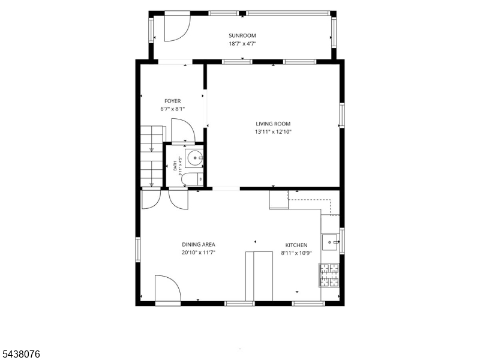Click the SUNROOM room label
pyautogui.click(x=242, y=35)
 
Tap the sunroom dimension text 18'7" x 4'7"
pyautogui.click(x=242, y=43)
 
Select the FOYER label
pyautogui.click(x=173, y=101)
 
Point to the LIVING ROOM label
pyautogui.click(x=273, y=124)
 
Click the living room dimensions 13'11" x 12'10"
pyautogui.click(x=273, y=132)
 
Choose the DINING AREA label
pyautogui.click(x=199, y=244)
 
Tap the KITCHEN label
pyautogui.click(x=296, y=245)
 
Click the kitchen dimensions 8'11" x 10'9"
pyautogui.click(x=296, y=253)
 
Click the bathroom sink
pyautogui.click(x=194, y=158)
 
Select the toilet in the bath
pyautogui.click(x=192, y=179)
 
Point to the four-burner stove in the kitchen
pyautogui.click(x=329, y=275)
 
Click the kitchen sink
pyautogui.click(x=330, y=242)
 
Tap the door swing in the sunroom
pyautogui.click(x=178, y=28)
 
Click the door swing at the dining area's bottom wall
pyautogui.click(x=168, y=289)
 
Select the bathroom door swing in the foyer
pyautogui.click(x=183, y=130)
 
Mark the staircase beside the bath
pyautogui.click(x=152, y=156)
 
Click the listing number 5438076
pyautogui.click(x=20, y=354)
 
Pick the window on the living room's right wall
pyautogui.click(x=341, y=115)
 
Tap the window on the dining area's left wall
pyautogui.click(x=138, y=249)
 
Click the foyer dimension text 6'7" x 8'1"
pyautogui.click(x=173, y=109)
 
